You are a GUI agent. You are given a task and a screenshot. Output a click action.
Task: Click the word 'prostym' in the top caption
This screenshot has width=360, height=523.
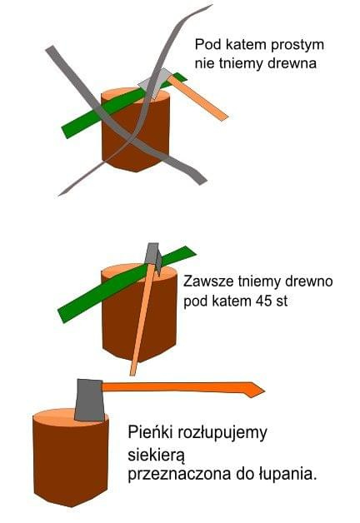pos(297,45)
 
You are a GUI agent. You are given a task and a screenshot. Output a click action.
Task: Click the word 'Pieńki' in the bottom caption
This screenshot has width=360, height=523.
pos(150,432)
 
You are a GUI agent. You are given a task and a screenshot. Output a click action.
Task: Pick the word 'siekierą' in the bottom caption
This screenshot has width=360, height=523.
pos(156,455)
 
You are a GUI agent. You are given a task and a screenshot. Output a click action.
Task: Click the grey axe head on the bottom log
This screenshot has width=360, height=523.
pos(90,401)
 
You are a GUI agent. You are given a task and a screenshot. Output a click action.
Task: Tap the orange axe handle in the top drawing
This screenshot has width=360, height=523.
pos(197,97)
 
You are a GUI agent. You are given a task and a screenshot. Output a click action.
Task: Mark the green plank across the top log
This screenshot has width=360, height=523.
pos(124,106)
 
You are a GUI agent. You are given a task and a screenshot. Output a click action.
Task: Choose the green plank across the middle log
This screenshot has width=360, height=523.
pos(126,284)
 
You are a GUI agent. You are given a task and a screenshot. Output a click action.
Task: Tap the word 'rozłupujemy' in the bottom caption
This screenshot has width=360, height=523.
pos(222,433)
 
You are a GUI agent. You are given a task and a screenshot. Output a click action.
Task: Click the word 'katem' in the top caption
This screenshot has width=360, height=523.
pos(246,45)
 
